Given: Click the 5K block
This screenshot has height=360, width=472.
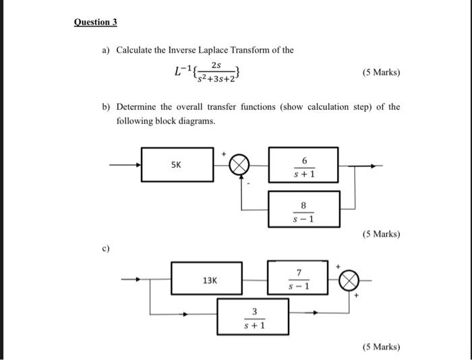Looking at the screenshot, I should pos(175,164).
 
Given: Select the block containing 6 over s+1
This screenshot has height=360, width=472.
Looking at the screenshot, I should pos(304,165).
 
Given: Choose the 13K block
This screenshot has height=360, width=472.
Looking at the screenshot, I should pos(206,278).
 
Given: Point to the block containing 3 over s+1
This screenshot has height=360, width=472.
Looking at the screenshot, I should pos(254,317).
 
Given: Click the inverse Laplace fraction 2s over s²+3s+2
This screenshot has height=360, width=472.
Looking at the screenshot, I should pos(215,72).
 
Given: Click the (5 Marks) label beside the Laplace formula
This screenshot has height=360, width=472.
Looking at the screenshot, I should pos(381,72).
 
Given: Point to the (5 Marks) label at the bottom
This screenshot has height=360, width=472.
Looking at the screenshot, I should pos(381,347).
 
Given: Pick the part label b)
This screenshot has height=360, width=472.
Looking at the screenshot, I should pos(106,107).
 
